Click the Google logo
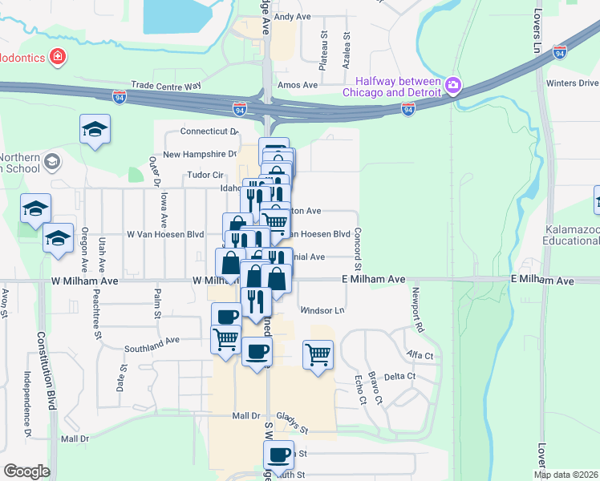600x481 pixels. (26, 471)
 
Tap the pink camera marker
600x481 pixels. (453, 84)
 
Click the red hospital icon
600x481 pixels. (58, 57)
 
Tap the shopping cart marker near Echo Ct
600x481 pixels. (318, 353)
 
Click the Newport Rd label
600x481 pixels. (416, 310)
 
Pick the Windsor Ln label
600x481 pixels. (322, 310)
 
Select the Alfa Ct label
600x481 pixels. (419, 354)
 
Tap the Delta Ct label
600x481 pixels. (399, 376)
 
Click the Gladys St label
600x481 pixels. (293, 417)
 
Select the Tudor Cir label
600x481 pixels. (205, 174)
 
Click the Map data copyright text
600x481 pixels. (565, 474)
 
